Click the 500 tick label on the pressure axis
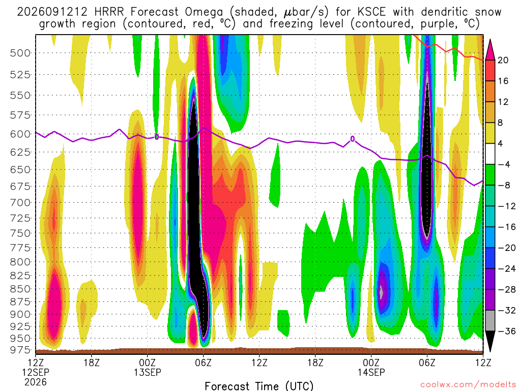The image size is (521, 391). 20,53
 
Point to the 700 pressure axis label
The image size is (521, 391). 20,203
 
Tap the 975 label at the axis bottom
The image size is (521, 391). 20,350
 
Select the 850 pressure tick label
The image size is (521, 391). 20,289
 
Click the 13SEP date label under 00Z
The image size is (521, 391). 147,372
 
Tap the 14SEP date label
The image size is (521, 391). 371,372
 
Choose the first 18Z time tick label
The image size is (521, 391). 92,362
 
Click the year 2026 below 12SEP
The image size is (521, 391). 36,382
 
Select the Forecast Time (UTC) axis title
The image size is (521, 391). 259,386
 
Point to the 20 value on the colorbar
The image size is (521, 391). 503,60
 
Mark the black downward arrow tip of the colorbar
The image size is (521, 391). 490,352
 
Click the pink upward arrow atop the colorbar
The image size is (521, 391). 490,50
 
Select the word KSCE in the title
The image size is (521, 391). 371,12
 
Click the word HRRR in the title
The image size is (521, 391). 109,12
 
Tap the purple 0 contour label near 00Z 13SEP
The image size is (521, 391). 157,136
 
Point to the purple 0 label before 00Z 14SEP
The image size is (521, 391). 353,139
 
